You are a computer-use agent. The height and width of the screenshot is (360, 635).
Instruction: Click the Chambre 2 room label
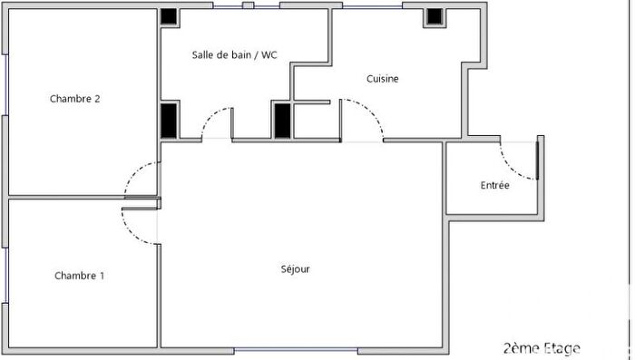click(x=74, y=100)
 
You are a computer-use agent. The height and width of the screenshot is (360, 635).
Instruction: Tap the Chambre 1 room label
click(x=79, y=276)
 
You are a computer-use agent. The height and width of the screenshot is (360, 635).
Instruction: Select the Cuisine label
click(x=383, y=79)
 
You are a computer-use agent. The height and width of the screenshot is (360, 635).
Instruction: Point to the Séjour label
click(x=296, y=268)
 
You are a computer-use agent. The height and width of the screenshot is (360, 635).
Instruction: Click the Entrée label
click(x=494, y=186)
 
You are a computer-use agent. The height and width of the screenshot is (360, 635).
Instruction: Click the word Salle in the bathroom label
click(x=204, y=55)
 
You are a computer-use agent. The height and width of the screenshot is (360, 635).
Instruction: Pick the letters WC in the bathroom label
click(x=269, y=55)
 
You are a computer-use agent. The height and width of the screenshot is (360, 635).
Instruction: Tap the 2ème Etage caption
click(x=542, y=347)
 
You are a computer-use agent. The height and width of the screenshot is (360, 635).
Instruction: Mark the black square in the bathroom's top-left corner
click(x=170, y=15)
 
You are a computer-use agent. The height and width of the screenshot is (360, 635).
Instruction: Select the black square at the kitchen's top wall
click(x=434, y=16)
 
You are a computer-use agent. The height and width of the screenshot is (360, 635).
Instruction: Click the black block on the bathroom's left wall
click(x=169, y=119)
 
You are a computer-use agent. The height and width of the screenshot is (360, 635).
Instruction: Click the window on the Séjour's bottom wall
click(x=296, y=351)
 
